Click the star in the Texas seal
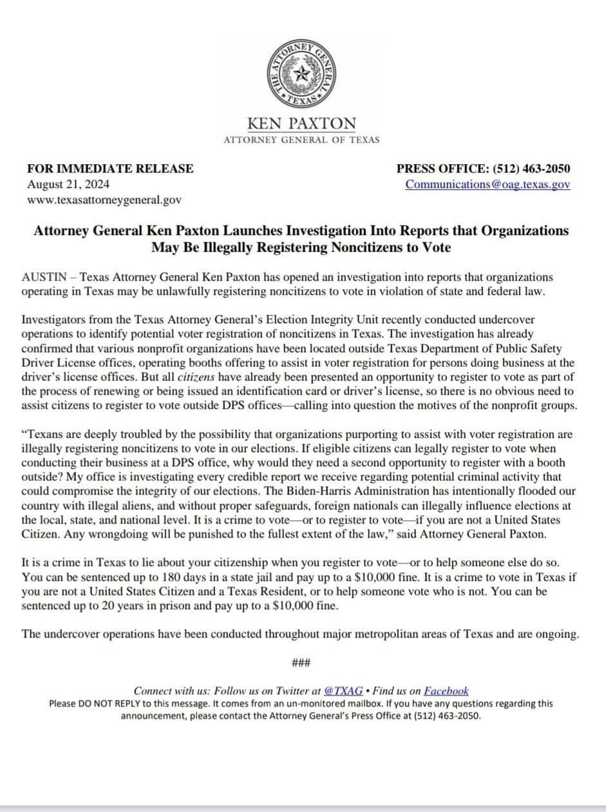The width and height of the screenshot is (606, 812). click(x=300, y=74)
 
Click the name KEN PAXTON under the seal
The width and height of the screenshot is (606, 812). click(x=301, y=123)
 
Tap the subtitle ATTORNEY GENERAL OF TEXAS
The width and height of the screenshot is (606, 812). click(x=301, y=140)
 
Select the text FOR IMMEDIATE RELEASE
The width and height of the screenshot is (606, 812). click(x=110, y=169)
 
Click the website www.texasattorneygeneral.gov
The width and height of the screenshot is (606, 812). click(x=104, y=200)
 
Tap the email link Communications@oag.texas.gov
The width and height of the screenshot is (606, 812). click(x=488, y=184)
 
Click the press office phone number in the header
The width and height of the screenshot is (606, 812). click(x=531, y=169)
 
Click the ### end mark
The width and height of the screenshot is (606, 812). click(x=301, y=663)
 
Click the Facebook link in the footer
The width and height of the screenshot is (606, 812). click(x=446, y=691)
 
